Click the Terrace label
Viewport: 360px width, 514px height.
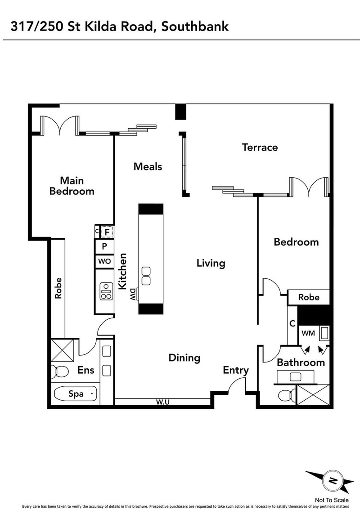tap(260, 147)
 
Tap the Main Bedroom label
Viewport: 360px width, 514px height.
tap(72, 186)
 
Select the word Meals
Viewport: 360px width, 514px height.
tap(148, 166)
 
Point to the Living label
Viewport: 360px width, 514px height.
tap(211, 263)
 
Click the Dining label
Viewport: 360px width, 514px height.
tap(184, 358)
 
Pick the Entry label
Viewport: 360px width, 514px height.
tap(236, 370)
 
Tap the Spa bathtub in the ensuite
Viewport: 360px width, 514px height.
tap(76, 394)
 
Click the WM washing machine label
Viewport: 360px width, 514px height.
tap(308, 333)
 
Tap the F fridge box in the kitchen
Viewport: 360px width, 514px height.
tap(107, 232)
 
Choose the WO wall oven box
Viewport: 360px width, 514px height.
tap(104, 261)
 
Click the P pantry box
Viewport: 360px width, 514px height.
tap(104, 246)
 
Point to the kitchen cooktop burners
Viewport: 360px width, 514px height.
tap(106, 291)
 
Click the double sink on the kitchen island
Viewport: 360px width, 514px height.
tap(146, 275)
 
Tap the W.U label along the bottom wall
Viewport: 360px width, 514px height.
tap(162, 402)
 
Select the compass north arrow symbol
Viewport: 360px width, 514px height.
tap(333, 482)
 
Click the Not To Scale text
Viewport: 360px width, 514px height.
tap(332, 500)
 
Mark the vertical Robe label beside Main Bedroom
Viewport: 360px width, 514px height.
tap(58, 288)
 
